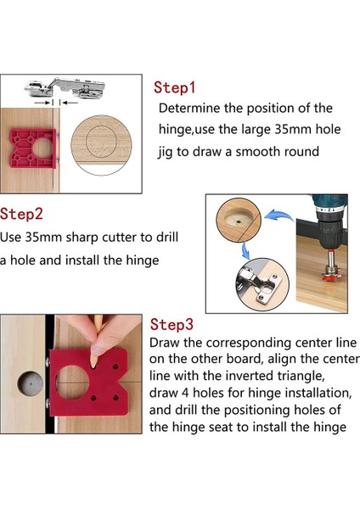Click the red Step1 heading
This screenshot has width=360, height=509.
pyautogui.click(x=174, y=87)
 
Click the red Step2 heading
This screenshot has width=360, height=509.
pyautogui.click(x=21, y=215)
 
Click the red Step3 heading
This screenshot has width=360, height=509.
pyautogui.click(x=172, y=324)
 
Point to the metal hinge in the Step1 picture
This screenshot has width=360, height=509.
pyautogui.click(x=65, y=87)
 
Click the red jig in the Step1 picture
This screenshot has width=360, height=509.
pyautogui.click(x=33, y=148)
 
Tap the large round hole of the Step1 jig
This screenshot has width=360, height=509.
pyautogui.click(x=42, y=148)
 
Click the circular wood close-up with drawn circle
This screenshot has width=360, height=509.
pyautogui.click(x=101, y=145)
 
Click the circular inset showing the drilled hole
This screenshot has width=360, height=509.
pyautogui.click(x=239, y=220)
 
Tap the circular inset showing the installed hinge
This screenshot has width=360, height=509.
pyautogui.click(x=262, y=284)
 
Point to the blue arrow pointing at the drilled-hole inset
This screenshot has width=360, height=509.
pyautogui.click(x=279, y=215)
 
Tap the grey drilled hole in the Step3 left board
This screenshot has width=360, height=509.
pyautogui.click(x=30, y=383)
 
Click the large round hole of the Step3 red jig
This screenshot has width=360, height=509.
pyautogui.click(x=72, y=383)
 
